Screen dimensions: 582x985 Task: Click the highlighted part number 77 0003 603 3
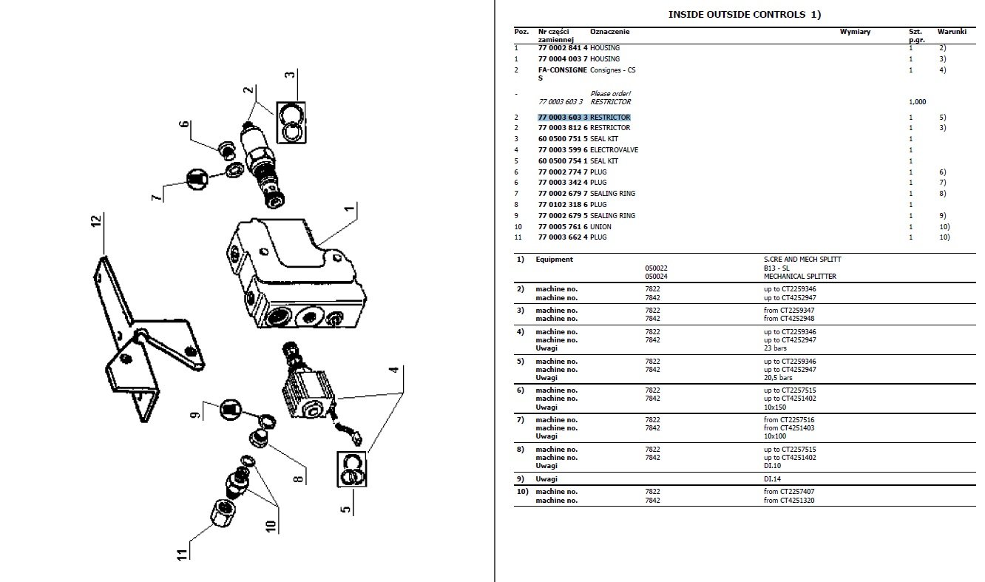pos(563,118)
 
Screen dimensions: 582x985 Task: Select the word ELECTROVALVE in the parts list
pos(614,150)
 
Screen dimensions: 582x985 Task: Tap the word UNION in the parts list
pos(600,226)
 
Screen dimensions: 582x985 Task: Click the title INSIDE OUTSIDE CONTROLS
pos(734,14)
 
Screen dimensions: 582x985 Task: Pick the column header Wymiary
pos(855,32)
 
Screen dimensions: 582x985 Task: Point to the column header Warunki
pos(952,32)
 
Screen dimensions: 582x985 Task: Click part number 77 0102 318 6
pos(563,205)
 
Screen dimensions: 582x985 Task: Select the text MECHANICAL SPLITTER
pos(801,277)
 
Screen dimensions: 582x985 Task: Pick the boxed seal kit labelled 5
pos(353,469)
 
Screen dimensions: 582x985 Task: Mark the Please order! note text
pos(610,94)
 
